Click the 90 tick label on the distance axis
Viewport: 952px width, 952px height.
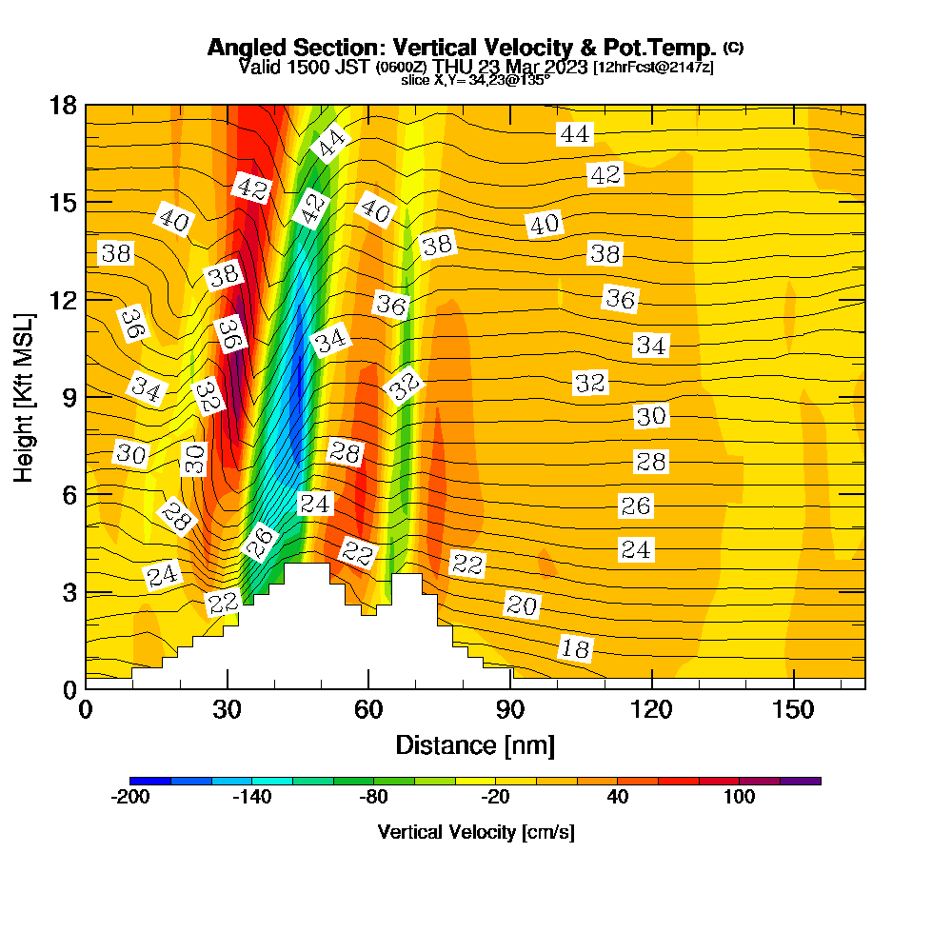511,710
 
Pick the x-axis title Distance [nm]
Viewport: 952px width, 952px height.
475,744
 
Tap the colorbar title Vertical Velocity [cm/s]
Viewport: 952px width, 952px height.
476,832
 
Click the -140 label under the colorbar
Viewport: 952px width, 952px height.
252,797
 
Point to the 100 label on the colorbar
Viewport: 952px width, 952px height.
739,797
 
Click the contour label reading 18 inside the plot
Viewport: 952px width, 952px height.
575,649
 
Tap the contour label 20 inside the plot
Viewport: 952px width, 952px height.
522,605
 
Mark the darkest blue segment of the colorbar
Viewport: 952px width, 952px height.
150,781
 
